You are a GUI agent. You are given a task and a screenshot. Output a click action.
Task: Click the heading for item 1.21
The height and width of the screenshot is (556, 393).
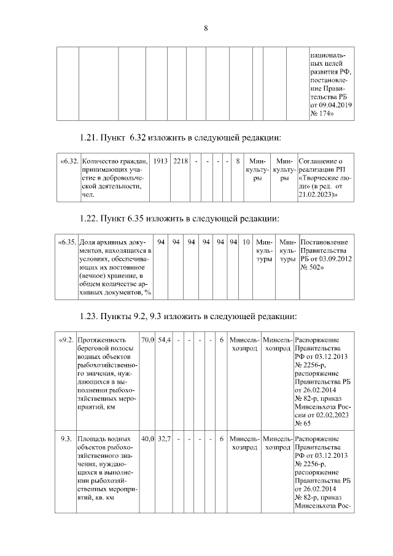pyautogui.click(x=180, y=137)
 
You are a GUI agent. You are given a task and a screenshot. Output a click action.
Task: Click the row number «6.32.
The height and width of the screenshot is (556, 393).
pyautogui.click(x=68, y=161)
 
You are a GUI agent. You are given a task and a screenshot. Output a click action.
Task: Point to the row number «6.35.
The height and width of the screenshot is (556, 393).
pyautogui.click(x=67, y=242)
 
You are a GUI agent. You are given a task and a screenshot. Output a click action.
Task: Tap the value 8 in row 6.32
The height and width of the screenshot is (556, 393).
pyautogui.click(x=237, y=161)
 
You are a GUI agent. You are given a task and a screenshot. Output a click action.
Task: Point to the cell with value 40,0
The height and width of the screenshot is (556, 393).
pyautogui.click(x=147, y=439)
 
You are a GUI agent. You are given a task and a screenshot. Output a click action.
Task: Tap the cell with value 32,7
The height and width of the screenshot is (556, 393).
pyautogui.click(x=164, y=439)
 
